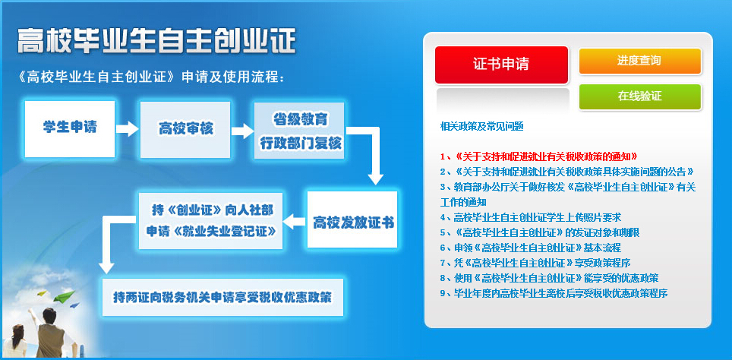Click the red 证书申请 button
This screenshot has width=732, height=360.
(x=501, y=65)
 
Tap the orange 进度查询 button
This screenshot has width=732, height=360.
(x=640, y=61)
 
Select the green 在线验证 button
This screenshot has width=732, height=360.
(x=640, y=96)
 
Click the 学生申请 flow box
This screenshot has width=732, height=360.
(x=70, y=129)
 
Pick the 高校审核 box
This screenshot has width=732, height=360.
(x=185, y=129)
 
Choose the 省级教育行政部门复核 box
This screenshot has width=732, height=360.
(x=299, y=131)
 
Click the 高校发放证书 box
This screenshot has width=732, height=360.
(x=352, y=219)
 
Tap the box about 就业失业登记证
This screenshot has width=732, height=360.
(x=210, y=221)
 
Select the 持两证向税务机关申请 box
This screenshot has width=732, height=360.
(x=222, y=297)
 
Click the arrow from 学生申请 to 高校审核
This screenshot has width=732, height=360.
(x=128, y=129)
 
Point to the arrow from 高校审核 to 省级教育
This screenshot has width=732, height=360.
(x=242, y=131)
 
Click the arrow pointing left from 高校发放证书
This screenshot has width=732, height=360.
(x=295, y=221)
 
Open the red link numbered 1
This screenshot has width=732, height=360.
(x=538, y=156)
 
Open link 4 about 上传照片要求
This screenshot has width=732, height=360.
(x=530, y=217)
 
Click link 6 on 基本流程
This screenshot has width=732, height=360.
(x=530, y=248)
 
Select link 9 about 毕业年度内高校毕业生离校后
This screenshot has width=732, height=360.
(x=554, y=293)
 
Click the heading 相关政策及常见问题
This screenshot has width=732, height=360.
(x=481, y=126)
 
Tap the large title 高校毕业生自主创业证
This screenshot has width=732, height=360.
(x=156, y=41)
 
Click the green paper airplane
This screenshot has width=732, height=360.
(x=64, y=296)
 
